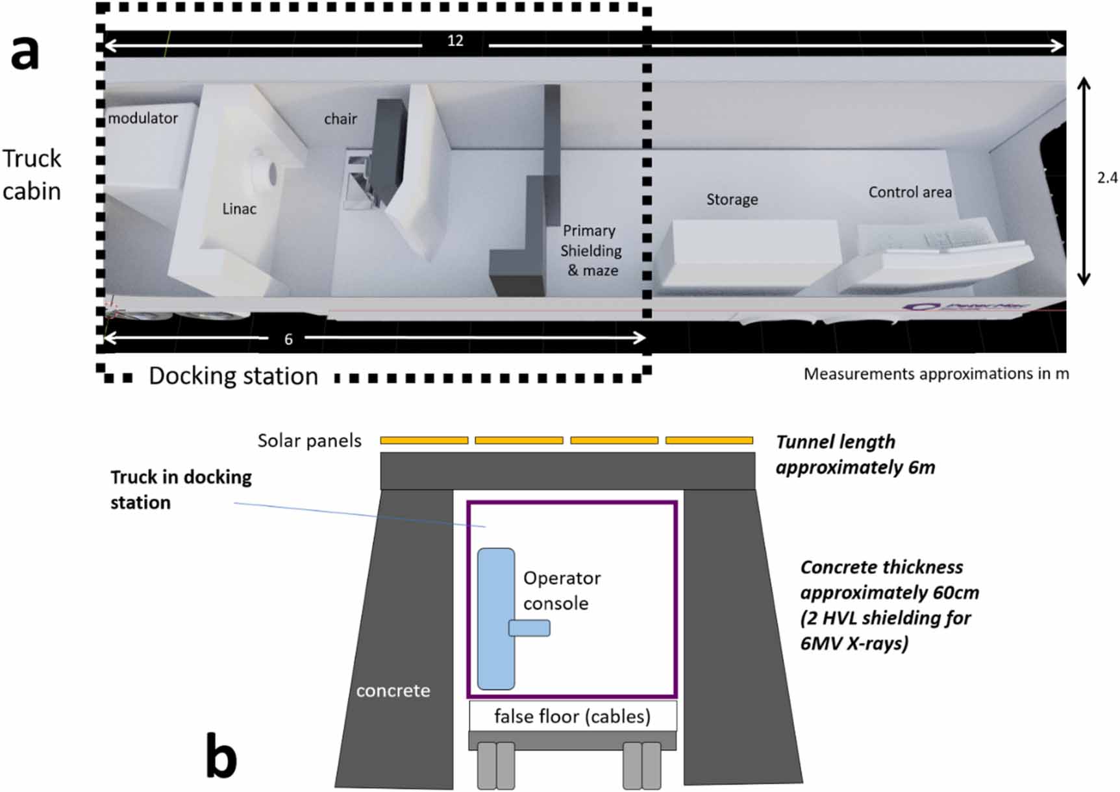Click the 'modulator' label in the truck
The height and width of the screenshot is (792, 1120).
click(x=143, y=118)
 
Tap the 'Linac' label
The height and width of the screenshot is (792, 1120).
click(x=239, y=209)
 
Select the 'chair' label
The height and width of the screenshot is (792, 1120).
click(x=340, y=119)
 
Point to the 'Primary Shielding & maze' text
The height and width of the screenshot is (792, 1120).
click(x=591, y=251)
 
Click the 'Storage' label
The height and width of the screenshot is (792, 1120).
click(x=732, y=199)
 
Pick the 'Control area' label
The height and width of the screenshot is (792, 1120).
click(x=910, y=192)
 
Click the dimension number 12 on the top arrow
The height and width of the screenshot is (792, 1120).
click(x=455, y=41)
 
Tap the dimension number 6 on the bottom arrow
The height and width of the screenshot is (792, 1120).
click(x=288, y=339)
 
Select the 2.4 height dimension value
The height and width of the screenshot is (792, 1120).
click(x=1107, y=178)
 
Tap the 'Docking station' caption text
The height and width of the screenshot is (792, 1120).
click(x=233, y=377)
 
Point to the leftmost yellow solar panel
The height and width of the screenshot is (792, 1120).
click(x=424, y=440)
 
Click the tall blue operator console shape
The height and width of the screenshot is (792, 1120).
click(x=496, y=619)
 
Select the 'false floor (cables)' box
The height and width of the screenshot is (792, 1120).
click(x=572, y=716)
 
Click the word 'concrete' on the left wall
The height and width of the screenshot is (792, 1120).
click(x=393, y=691)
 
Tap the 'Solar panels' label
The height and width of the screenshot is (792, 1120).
click(x=309, y=441)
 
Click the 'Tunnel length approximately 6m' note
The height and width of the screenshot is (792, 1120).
click(x=854, y=454)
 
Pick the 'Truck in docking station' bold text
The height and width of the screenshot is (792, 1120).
click(x=180, y=489)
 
